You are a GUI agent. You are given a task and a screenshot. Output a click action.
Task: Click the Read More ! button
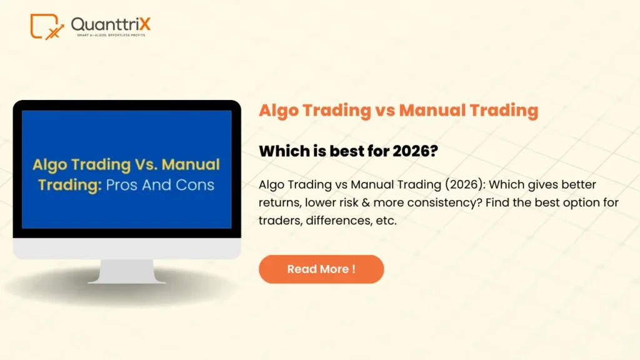pyautogui.click(x=321, y=269)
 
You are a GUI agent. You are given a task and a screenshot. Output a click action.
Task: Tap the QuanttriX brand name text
pyautogui.click(x=111, y=24)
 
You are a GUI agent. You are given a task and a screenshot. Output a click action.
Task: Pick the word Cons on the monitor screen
pyautogui.click(x=194, y=185)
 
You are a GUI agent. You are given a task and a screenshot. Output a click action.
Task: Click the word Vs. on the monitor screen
pyautogui.click(x=141, y=165)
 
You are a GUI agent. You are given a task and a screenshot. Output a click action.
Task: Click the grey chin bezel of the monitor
pyautogui.click(x=127, y=248)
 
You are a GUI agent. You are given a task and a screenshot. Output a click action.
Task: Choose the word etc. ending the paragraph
pyautogui.click(x=383, y=221)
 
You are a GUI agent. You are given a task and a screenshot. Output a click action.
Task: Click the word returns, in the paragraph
pyautogui.click(x=280, y=202)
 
